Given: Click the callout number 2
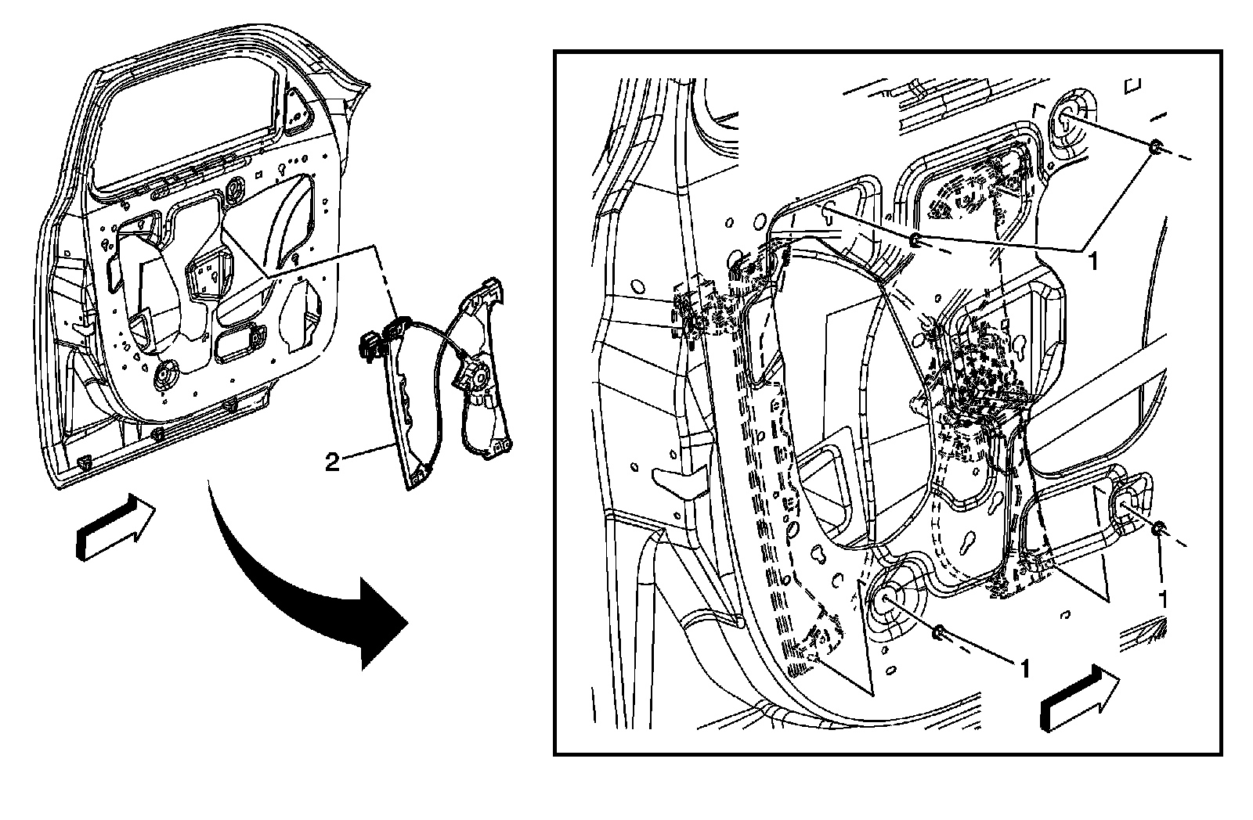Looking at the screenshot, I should [332, 463].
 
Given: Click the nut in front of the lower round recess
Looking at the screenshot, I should [938, 632].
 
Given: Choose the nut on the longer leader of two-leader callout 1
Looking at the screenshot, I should [914, 239].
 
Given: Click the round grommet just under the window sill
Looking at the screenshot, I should [234, 188].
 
